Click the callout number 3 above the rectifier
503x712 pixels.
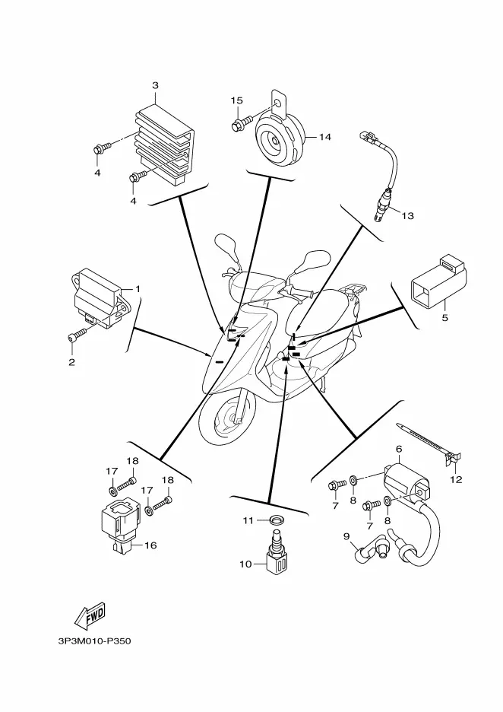click(x=155, y=85)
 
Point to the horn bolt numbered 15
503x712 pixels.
click(x=240, y=122)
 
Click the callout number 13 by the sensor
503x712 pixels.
click(x=407, y=216)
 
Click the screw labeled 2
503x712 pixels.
click(x=76, y=335)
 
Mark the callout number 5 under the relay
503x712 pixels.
click(x=444, y=316)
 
